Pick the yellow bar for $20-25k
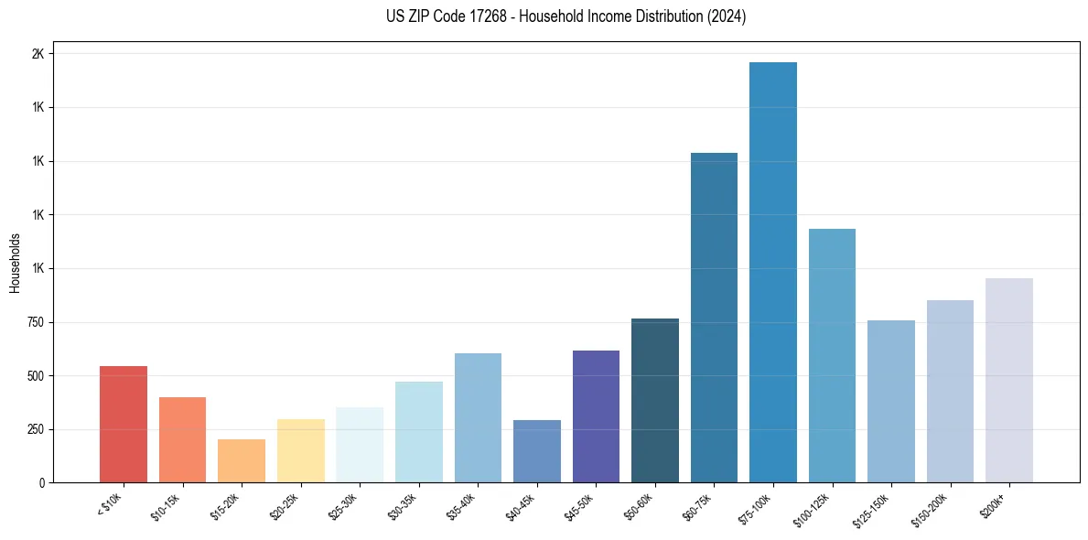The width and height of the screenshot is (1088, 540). pos(300,450)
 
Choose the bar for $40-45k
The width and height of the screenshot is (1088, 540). pos(537,451)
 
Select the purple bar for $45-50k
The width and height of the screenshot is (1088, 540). pos(596,416)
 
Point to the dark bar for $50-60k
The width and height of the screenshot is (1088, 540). pos(655,400)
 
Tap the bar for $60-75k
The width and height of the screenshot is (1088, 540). pos(714,318)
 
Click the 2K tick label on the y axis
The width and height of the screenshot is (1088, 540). pos(38,54)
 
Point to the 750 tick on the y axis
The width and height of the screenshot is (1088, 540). pos(35,322)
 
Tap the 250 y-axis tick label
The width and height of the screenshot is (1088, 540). pos(35,429)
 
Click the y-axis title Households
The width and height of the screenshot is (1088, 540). pos(16,263)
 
